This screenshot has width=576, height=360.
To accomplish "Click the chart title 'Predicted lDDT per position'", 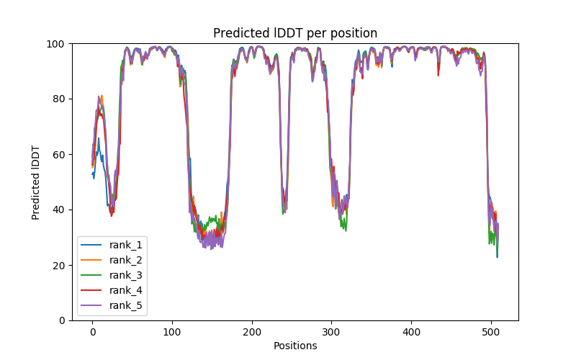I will pos(295,33).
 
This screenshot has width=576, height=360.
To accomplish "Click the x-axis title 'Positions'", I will pos(295,346).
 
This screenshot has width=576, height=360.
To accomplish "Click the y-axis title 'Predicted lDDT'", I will pos(36,182).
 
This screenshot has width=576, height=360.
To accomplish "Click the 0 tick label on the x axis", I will pos(92,331).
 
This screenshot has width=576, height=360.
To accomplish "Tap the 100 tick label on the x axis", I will pos(172,331).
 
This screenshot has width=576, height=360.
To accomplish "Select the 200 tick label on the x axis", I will pos(252,331).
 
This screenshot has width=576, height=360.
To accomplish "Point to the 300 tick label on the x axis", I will pos(331,331).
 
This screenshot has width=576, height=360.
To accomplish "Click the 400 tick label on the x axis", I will pos(411,331).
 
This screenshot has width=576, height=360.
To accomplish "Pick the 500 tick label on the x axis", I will pos(491,331).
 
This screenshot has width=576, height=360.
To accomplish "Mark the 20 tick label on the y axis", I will pos(59,265).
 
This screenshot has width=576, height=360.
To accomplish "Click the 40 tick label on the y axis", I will pos(59,210).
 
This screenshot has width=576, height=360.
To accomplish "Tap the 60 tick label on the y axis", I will pos(59,154).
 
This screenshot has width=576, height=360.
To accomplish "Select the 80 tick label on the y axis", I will pos(59,99).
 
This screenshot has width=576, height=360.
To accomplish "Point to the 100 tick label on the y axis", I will pos(56,43).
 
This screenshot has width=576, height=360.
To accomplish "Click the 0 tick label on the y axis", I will pos(62,320).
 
